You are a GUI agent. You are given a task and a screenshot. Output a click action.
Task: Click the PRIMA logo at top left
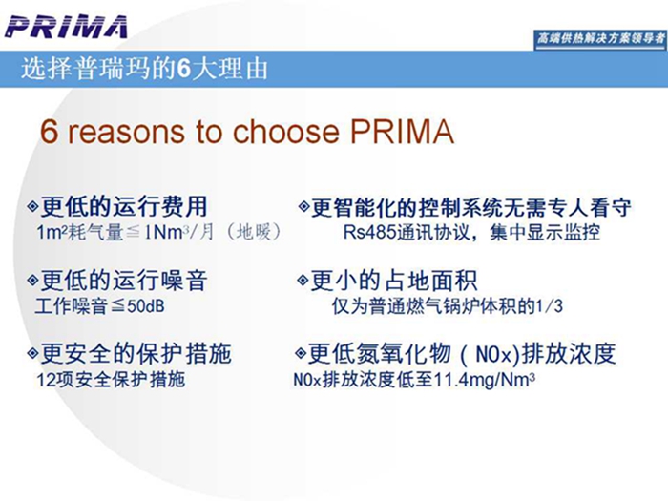click(x=66, y=27)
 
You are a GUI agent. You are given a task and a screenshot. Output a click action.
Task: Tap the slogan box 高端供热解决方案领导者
click(x=600, y=39)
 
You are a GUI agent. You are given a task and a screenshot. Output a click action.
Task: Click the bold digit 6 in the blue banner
click(x=183, y=68)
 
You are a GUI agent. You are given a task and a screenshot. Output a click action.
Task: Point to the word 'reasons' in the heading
click(x=127, y=132)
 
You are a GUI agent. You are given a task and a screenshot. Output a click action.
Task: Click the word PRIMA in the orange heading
click(x=402, y=132)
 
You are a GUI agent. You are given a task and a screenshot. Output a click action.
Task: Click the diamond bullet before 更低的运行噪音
click(x=32, y=280)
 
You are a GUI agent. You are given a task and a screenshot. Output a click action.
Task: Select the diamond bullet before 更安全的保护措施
click(x=32, y=354)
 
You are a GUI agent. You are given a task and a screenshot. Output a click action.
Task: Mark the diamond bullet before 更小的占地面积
click(x=303, y=281)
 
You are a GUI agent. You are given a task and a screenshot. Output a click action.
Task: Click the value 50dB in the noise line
click(x=146, y=306)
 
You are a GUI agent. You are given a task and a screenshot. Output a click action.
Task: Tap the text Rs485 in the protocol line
click(x=370, y=233)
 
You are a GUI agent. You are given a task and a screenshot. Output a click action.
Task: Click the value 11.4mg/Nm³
click(x=485, y=379)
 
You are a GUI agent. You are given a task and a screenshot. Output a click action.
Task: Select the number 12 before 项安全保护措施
click(x=46, y=380)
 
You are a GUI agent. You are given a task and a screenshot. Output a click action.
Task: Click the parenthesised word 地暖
click(x=254, y=232)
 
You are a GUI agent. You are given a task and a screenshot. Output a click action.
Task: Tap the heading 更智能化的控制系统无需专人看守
click(x=471, y=207)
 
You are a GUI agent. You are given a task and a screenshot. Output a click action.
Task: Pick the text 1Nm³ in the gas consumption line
click(x=167, y=233)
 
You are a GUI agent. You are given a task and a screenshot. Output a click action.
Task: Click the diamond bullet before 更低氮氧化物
click(x=301, y=354)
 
